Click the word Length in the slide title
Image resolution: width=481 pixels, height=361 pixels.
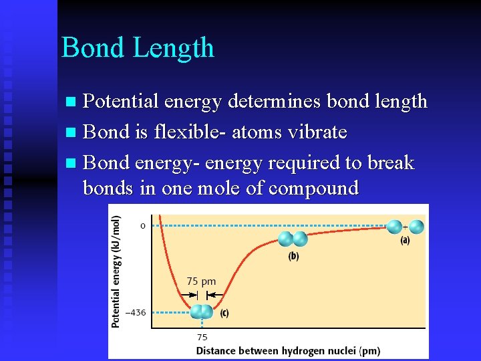tap(174, 48)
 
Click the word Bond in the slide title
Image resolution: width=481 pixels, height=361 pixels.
tap(93, 48)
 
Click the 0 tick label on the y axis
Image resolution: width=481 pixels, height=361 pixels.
tap(142, 226)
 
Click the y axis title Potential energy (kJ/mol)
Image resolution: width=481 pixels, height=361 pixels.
tap(116, 271)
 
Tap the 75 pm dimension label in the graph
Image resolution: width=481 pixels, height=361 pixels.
tap(200, 281)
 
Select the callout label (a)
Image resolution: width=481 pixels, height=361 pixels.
tap(405, 241)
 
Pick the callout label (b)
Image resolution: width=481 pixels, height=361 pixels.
tap(293, 255)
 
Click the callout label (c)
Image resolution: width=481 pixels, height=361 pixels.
tap(224, 312)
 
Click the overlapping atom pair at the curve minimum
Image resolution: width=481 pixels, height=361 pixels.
tap(201, 312)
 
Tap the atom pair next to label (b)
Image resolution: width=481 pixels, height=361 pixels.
tap(293, 239)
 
